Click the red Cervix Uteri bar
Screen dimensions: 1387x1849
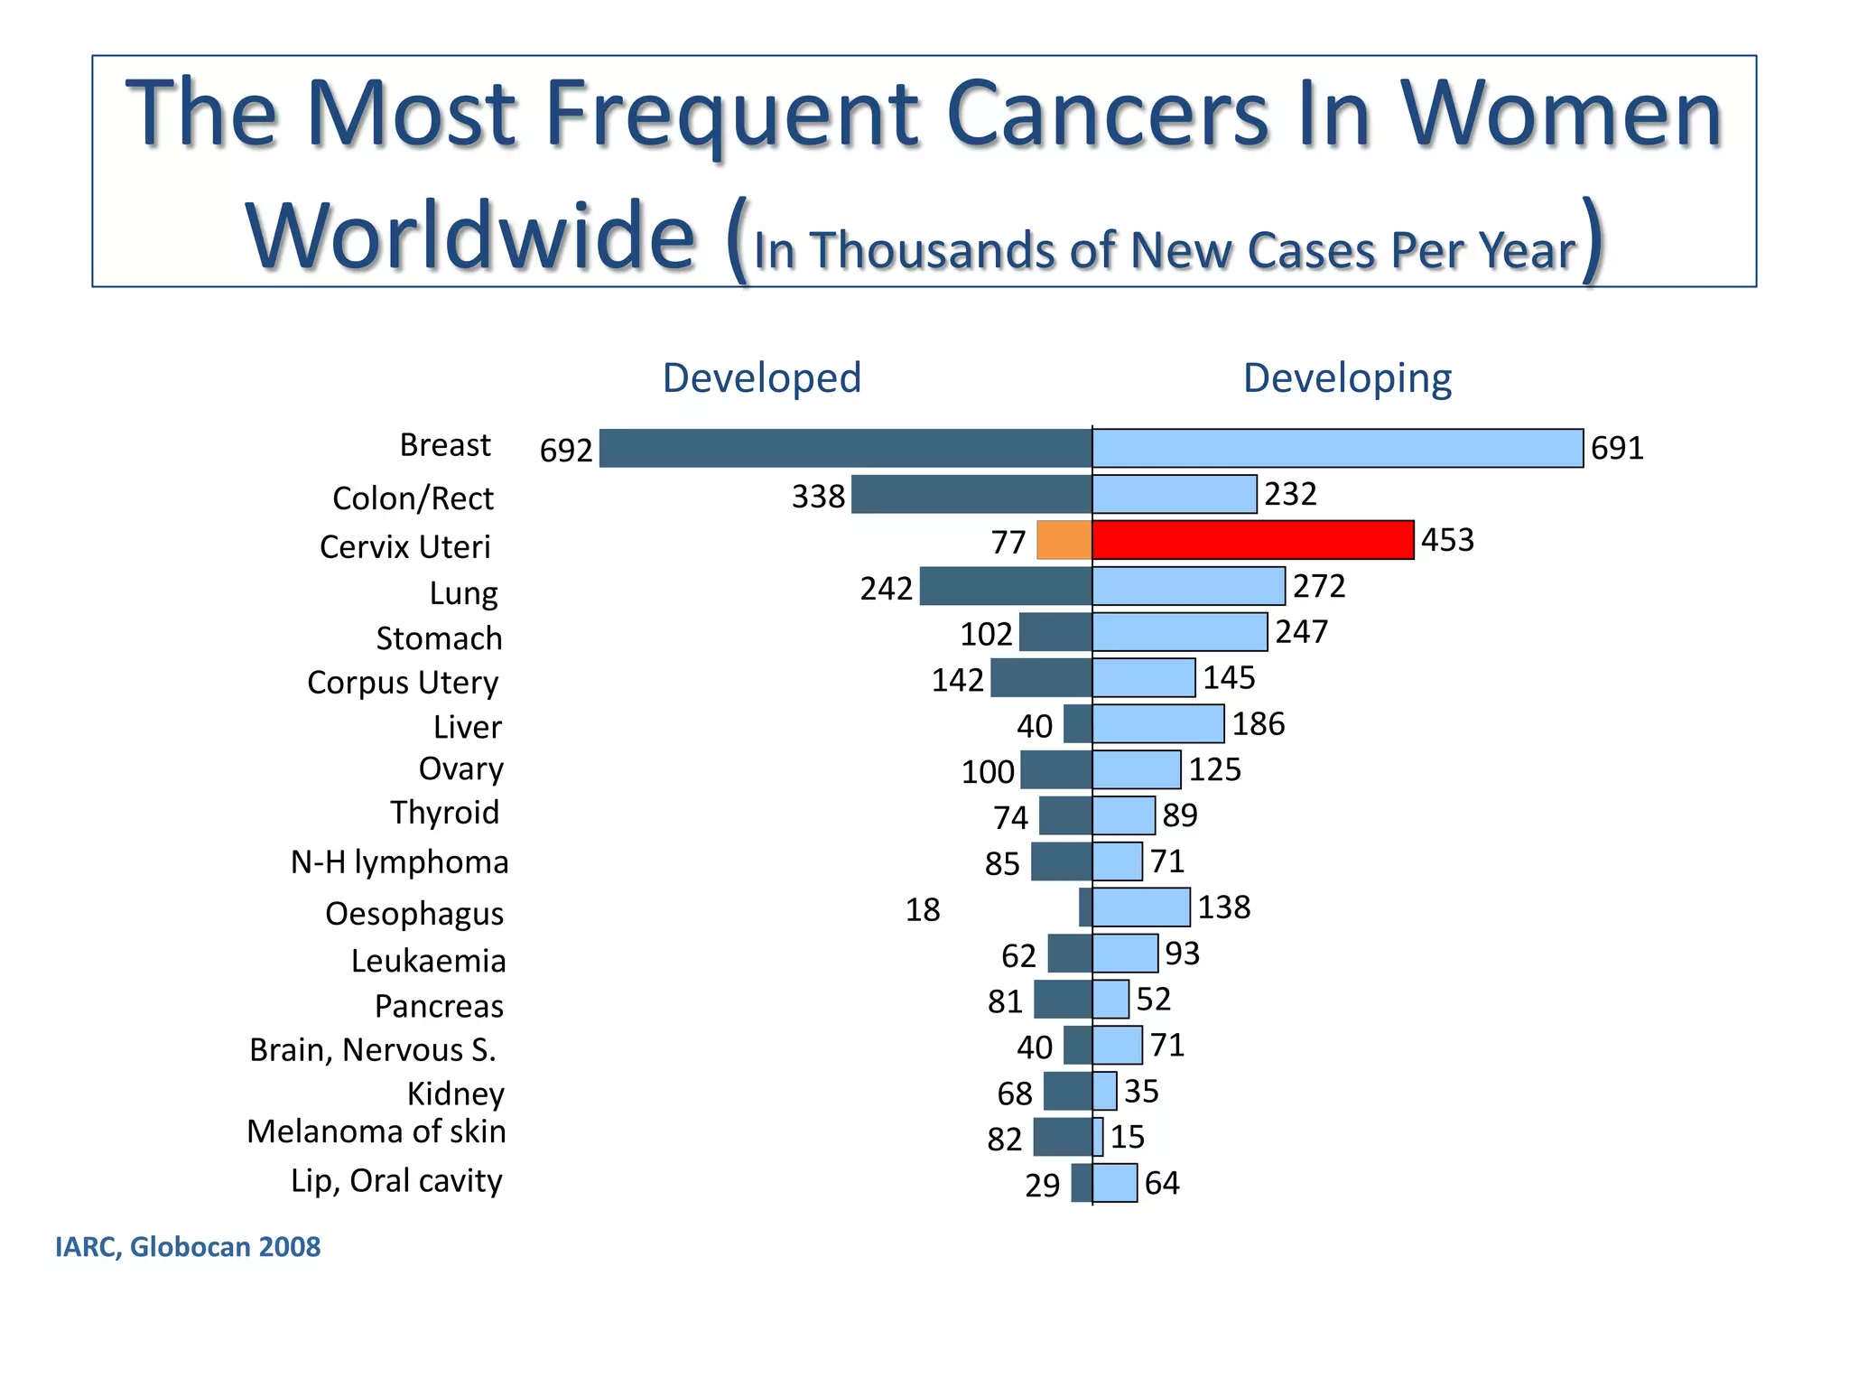click(x=1252, y=540)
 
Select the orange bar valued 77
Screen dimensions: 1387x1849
click(x=1064, y=540)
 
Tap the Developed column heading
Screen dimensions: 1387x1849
click(x=761, y=377)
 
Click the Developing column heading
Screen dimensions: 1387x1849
click(x=1347, y=377)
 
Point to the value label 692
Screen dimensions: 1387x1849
click(x=566, y=450)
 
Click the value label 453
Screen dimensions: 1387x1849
click(x=1447, y=540)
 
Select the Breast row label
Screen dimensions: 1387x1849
click(x=445, y=445)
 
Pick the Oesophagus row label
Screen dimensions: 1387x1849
click(x=414, y=914)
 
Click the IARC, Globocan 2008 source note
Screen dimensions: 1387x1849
click(x=188, y=1247)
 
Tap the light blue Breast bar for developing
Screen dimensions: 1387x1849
click(x=1337, y=448)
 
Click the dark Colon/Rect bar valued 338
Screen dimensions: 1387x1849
click(x=971, y=494)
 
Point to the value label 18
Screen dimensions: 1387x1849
click(x=923, y=909)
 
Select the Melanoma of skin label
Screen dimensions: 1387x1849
click(x=376, y=1131)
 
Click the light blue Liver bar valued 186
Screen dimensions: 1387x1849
click(x=1158, y=724)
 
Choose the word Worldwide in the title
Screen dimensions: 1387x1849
click(x=470, y=237)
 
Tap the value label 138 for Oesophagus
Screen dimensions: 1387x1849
click(x=1224, y=907)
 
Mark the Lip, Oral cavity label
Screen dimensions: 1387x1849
click(x=396, y=1181)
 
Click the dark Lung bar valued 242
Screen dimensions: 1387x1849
click(x=1006, y=586)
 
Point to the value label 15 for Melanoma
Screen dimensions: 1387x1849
click(x=1128, y=1137)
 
